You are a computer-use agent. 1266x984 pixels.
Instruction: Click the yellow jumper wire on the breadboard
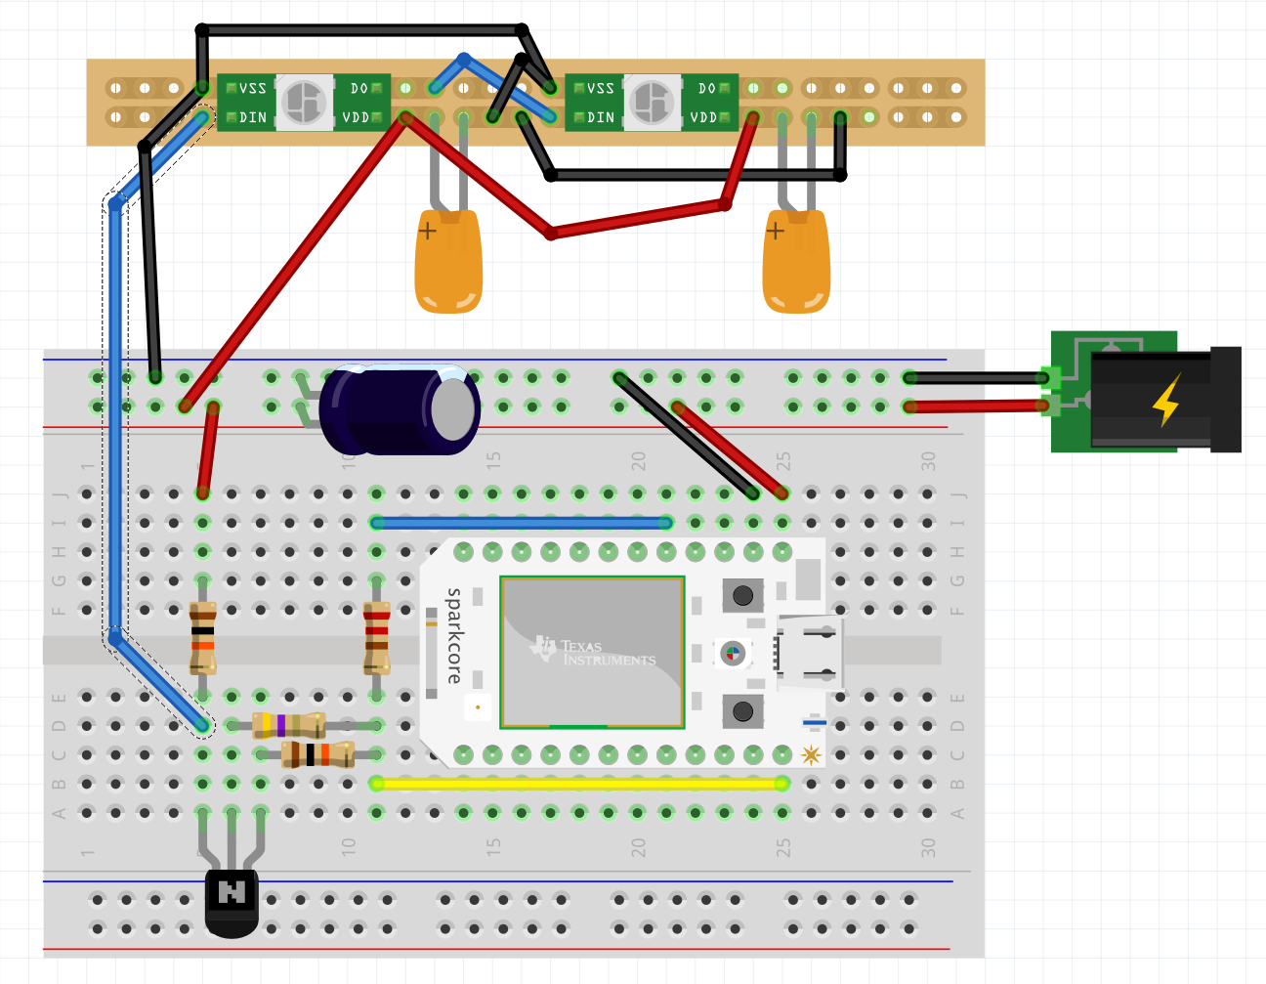(x=578, y=784)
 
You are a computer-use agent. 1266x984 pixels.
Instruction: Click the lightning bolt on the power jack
(x=1166, y=400)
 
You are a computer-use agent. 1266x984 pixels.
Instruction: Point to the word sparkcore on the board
(x=454, y=635)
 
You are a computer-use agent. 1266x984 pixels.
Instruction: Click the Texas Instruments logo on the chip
(x=594, y=652)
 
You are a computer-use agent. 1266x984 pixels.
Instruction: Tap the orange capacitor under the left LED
(x=448, y=264)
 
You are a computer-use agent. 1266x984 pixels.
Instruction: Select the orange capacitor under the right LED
(x=796, y=264)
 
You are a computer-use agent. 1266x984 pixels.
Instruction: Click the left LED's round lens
(x=304, y=102)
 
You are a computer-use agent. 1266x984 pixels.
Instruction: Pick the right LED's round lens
(x=652, y=102)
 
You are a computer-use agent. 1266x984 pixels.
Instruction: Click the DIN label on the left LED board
(x=253, y=117)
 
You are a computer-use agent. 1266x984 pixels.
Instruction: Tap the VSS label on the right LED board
(x=600, y=88)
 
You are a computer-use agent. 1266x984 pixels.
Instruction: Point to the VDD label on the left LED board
(x=356, y=117)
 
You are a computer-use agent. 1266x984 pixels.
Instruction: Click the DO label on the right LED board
(x=707, y=88)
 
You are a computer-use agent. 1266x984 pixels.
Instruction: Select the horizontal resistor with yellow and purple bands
(x=288, y=725)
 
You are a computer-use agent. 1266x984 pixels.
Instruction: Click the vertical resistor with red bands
(x=376, y=637)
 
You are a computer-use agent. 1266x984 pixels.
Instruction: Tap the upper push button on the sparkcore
(x=742, y=594)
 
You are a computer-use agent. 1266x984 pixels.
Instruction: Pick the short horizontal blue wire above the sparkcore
(x=522, y=523)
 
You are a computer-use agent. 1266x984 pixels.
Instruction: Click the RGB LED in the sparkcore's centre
(x=732, y=653)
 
